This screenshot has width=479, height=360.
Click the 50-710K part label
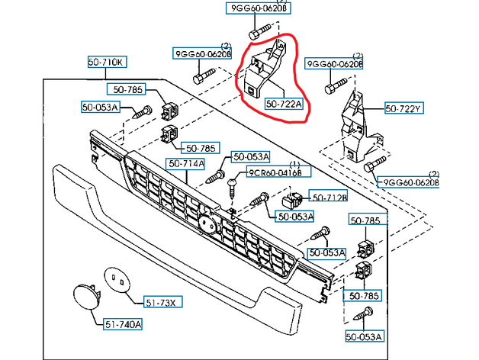pyautogui.click(x=108, y=62)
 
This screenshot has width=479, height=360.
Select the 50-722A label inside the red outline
pyautogui.click(x=284, y=103)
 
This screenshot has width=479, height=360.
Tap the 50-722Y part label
pyautogui.click(x=403, y=109)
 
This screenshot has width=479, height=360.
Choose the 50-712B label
pyautogui.click(x=327, y=197)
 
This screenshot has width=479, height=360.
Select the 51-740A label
pyautogui.click(x=123, y=324)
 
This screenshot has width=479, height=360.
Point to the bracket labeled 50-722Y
pyautogui.click(x=355, y=126)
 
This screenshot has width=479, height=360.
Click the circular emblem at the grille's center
pyautogui.click(x=206, y=224)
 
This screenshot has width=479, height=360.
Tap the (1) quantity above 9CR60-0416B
pyautogui.click(x=294, y=164)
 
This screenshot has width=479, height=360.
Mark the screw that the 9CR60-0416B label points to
pyautogui.click(x=232, y=184)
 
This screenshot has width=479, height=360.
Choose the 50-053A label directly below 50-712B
pyautogui.click(x=296, y=217)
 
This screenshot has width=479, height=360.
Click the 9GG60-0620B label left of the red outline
pyautogui.click(x=201, y=54)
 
